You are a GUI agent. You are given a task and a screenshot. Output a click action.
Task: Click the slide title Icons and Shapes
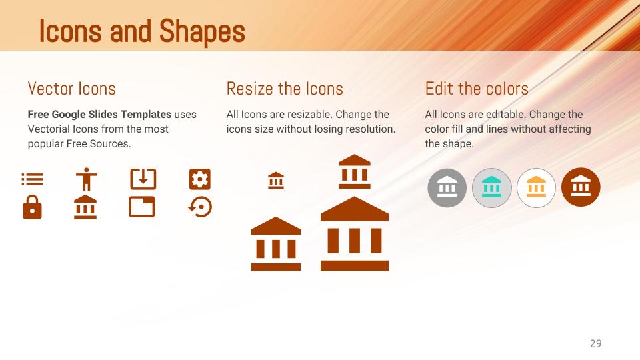click(141, 31)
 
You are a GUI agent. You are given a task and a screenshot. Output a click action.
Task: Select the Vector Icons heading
click(71, 88)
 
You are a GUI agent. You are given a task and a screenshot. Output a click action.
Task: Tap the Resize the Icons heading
click(285, 88)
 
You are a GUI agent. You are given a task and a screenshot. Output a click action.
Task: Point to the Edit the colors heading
click(476, 88)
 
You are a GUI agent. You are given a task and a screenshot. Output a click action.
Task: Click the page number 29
click(595, 343)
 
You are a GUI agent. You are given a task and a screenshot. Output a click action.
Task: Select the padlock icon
click(32, 208)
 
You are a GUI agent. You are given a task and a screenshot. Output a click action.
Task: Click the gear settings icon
click(199, 179)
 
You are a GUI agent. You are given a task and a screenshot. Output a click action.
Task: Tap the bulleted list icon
click(32, 179)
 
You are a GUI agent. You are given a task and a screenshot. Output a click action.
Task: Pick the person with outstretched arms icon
click(85, 179)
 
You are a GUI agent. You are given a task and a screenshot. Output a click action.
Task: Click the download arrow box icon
click(143, 179)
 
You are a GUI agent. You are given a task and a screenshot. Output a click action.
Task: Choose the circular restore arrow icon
click(199, 207)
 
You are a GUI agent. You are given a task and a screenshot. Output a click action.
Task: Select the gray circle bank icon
click(447, 187)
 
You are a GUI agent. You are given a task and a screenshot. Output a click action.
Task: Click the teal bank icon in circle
click(491, 187)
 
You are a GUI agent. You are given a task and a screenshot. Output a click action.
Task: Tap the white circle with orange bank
click(536, 187)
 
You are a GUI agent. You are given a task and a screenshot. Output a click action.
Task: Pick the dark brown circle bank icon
click(581, 187)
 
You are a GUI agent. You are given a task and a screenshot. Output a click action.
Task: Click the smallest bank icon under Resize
click(276, 180)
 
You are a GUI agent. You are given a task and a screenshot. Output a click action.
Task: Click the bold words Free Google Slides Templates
click(99, 114)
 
